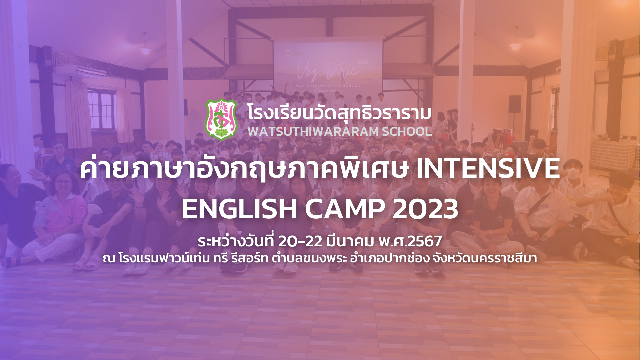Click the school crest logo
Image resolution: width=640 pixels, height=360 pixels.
(x=221, y=119)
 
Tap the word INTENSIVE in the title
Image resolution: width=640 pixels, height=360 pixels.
(x=488, y=168)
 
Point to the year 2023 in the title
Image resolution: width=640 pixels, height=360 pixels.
(x=425, y=209)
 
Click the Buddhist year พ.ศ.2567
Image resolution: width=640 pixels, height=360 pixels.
(x=410, y=241)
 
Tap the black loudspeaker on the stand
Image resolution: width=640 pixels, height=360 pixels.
(x=515, y=104)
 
